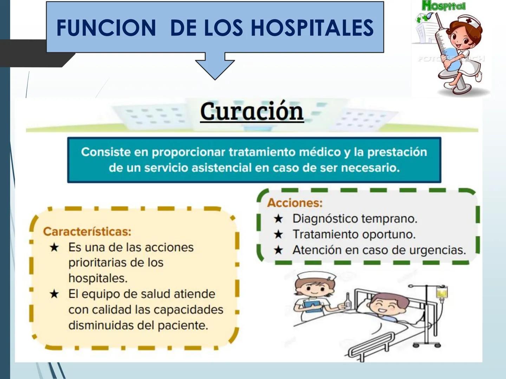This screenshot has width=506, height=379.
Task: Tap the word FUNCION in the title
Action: pyautogui.click(x=106, y=28)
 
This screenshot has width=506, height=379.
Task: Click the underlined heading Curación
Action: pyautogui.click(x=252, y=112)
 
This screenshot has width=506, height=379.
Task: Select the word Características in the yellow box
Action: pyautogui.click(x=87, y=232)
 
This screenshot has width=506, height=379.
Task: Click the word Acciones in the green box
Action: pyautogui.click(x=294, y=203)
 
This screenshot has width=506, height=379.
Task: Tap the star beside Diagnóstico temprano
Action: pyautogui.click(x=278, y=219)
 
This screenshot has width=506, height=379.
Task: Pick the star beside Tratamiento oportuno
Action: pyautogui.click(x=278, y=234)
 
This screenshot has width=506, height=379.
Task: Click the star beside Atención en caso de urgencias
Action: pyautogui.click(x=278, y=250)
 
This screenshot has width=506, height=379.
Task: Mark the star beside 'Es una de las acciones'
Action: pyautogui.click(x=54, y=247)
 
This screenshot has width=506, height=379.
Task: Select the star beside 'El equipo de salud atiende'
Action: pyautogui.click(x=54, y=294)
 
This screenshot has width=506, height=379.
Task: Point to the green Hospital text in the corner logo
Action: pyautogui.click(x=443, y=6)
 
